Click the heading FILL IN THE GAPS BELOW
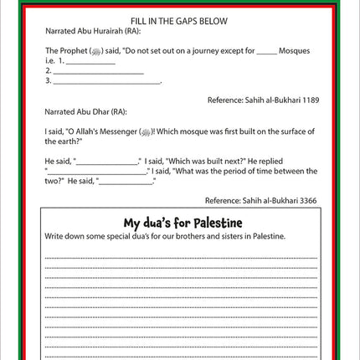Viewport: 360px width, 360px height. (x=180, y=19)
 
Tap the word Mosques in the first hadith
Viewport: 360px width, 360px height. (x=296, y=50)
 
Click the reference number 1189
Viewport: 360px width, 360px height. (x=308, y=99)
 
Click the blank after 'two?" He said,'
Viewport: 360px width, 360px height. (x=124, y=181)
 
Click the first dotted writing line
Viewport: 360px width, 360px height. (x=180, y=257)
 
